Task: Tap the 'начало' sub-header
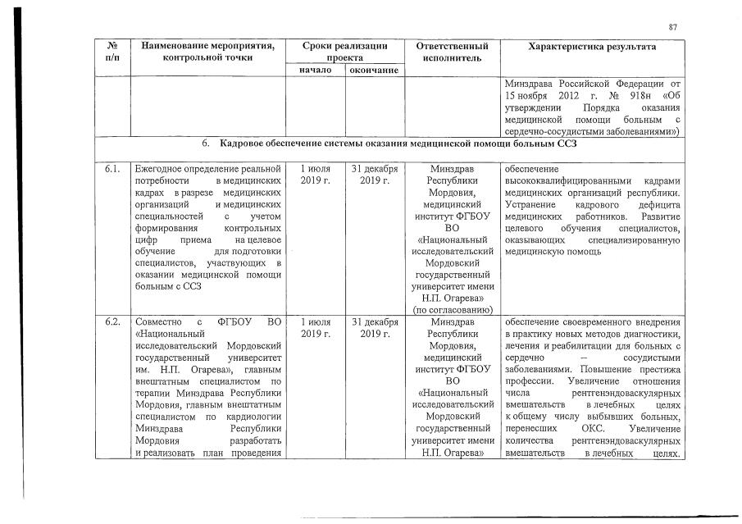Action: click(315, 71)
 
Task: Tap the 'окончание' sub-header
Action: click(374, 71)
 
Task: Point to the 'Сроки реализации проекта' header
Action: click(344, 52)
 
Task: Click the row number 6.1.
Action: click(112, 169)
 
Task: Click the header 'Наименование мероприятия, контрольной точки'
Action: click(207, 52)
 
